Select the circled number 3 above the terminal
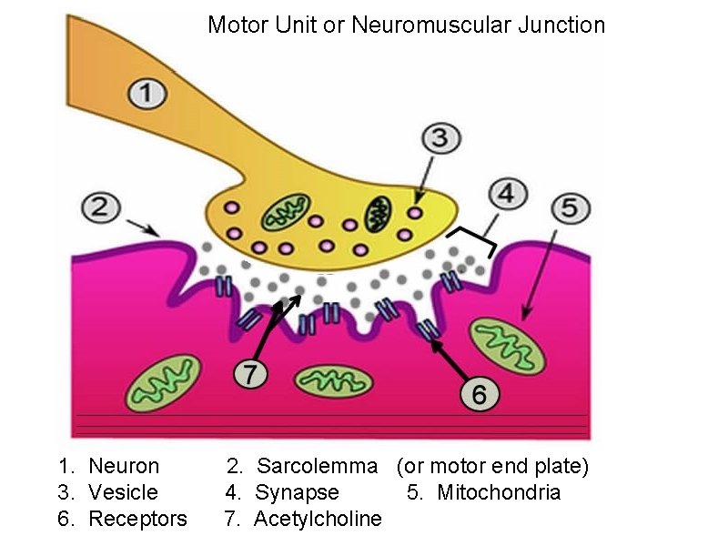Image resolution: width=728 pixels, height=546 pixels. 439,139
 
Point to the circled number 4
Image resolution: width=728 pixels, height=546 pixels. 508,193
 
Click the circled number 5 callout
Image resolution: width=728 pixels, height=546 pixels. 569,208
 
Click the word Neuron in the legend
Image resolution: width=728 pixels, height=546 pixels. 124,467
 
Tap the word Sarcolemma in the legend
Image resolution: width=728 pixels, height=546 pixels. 317,467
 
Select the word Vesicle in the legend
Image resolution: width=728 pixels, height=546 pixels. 123,493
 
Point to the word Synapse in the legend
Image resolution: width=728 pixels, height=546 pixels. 297,493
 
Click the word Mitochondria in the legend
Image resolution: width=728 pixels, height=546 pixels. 499,493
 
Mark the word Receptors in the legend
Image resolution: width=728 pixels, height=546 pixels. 137,520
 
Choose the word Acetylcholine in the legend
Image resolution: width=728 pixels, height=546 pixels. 318,520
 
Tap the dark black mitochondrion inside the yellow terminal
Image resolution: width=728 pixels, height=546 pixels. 379,215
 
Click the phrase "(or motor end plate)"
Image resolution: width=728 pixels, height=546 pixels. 492,467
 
